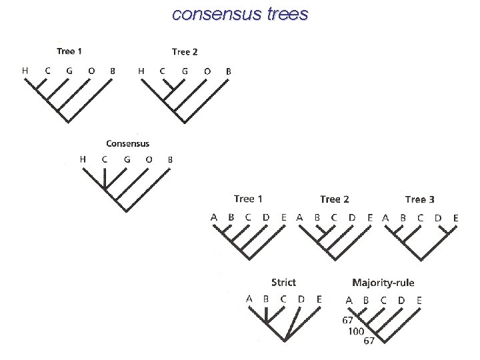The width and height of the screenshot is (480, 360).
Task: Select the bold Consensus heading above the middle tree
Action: click(x=128, y=143)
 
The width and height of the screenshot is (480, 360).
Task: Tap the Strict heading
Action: click(x=283, y=283)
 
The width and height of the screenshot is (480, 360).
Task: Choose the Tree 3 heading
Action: click(x=420, y=199)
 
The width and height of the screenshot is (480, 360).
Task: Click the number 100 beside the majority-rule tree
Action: click(x=355, y=331)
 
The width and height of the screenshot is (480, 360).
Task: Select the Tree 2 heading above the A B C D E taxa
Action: click(x=335, y=199)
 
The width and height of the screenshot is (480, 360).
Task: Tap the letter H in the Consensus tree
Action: click(x=83, y=159)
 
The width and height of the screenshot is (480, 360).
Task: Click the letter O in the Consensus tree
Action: click(x=149, y=159)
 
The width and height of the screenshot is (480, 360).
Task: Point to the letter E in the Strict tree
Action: click(x=319, y=299)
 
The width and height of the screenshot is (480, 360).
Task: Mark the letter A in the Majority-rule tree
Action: click(x=349, y=301)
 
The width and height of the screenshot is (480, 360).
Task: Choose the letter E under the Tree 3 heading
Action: click(x=456, y=217)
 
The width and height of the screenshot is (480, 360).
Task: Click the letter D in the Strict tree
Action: click(x=301, y=299)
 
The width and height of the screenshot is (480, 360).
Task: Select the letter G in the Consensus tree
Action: click(x=127, y=159)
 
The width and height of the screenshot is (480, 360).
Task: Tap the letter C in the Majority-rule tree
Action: click(x=383, y=301)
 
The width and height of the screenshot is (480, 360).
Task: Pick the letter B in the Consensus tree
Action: click(x=171, y=159)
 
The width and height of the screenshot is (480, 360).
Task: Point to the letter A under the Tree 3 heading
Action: click(x=385, y=217)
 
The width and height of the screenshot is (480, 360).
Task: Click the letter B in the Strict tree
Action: click(x=266, y=299)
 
